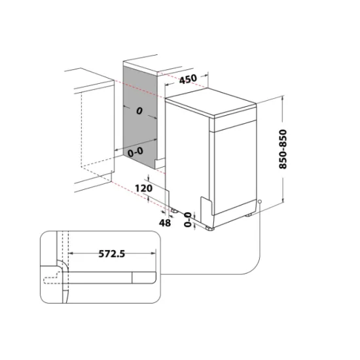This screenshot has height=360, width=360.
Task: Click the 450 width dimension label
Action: (188, 79)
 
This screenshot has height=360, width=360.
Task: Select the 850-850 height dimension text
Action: (283, 149)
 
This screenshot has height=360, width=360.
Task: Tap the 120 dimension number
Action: (143, 189)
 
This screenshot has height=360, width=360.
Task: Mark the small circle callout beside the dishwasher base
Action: (260, 202)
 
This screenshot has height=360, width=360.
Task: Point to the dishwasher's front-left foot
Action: (209, 227)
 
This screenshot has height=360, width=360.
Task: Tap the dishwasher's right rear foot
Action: (249, 214)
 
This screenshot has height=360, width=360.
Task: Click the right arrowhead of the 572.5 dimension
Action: (155, 254)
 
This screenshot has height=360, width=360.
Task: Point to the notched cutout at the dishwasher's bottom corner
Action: (206, 206)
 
